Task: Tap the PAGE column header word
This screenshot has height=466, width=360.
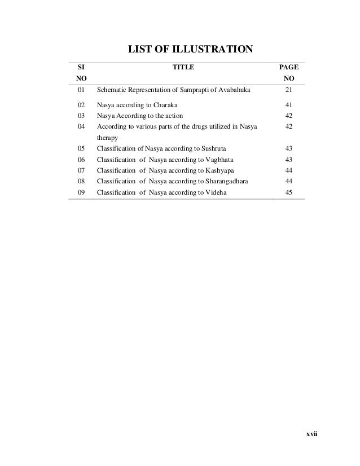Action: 288,67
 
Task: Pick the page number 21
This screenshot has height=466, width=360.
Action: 288,90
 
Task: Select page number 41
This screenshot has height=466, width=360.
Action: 288,105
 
